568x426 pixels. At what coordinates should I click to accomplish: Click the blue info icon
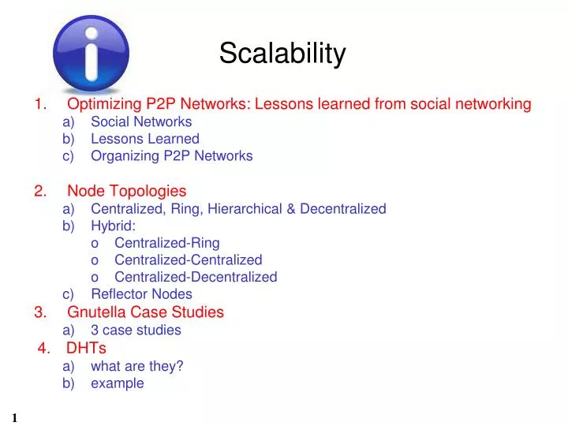[x=91, y=54]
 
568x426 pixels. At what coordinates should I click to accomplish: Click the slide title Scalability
[x=282, y=54]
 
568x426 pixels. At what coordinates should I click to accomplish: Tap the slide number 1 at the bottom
[x=14, y=417]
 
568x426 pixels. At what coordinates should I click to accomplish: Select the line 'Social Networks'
[x=141, y=121]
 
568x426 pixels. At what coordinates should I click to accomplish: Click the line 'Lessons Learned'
[x=145, y=139]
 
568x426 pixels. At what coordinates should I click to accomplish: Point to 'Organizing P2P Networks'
[x=171, y=155]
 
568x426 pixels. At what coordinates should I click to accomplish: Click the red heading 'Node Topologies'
[x=127, y=191]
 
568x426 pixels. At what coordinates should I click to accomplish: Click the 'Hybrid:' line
[x=113, y=226]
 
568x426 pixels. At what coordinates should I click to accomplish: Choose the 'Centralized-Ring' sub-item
[x=166, y=243]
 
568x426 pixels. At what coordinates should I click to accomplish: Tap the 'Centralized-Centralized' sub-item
[x=188, y=260]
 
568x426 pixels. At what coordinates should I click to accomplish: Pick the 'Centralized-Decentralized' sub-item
[x=196, y=277]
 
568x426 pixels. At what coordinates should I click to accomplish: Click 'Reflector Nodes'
[x=141, y=294]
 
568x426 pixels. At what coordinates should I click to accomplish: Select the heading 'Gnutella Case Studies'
[x=145, y=312]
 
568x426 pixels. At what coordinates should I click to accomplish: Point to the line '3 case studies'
[x=136, y=330]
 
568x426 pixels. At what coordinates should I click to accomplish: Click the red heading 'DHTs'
[x=86, y=348]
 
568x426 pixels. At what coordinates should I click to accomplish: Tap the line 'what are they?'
[x=136, y=365]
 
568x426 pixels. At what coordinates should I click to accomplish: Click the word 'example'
[x=118, y=383]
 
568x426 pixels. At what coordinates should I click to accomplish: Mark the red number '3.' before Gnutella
[x=40, y=312]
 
